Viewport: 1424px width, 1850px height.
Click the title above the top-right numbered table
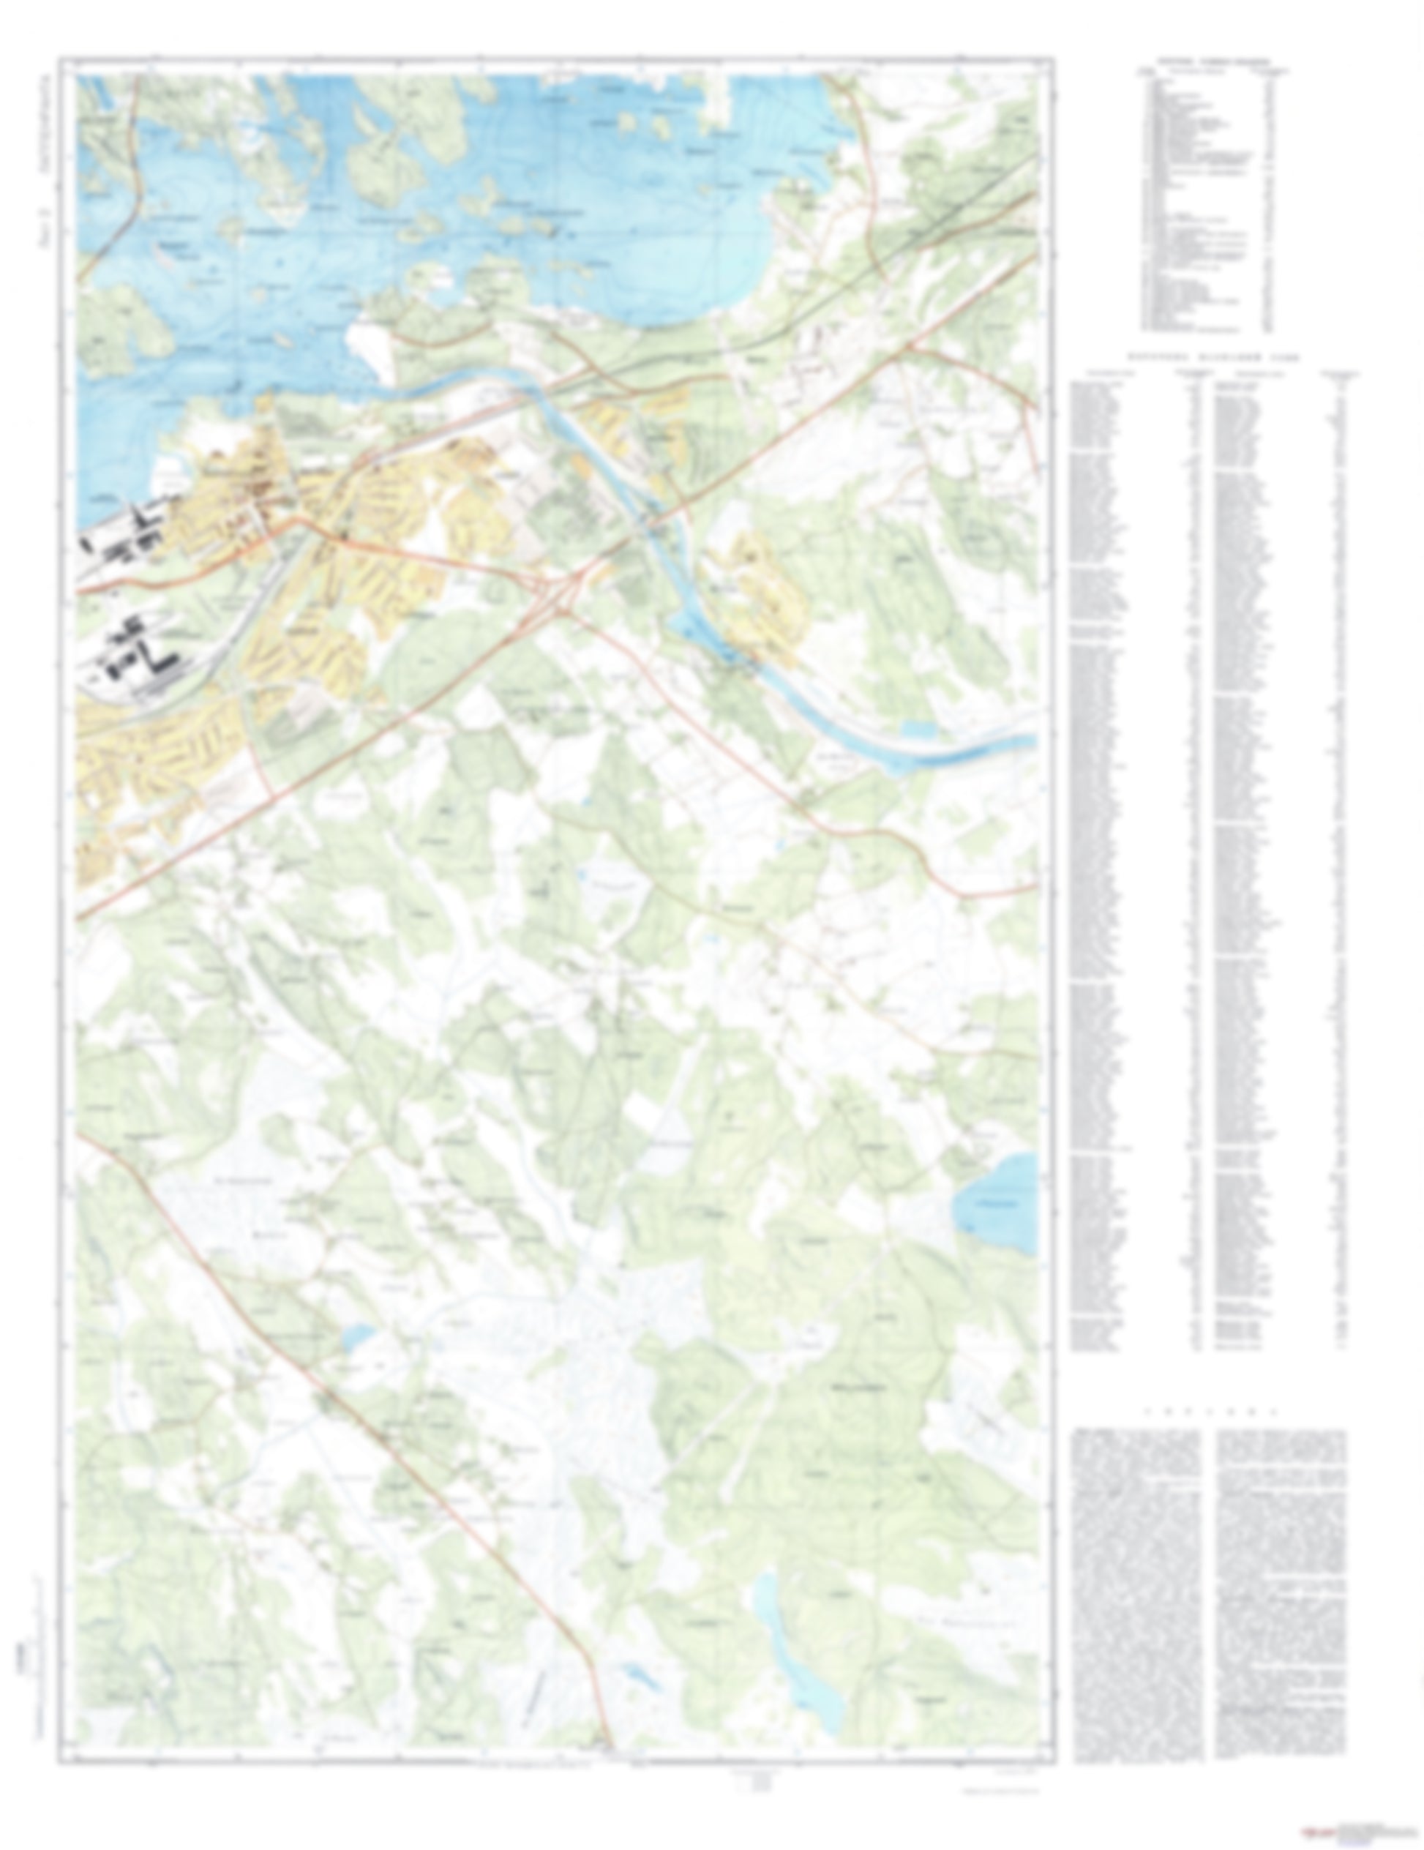(x=1214, y=61)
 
